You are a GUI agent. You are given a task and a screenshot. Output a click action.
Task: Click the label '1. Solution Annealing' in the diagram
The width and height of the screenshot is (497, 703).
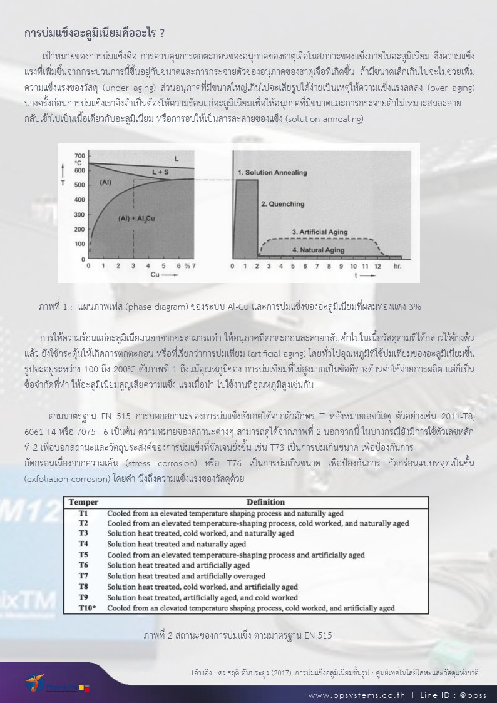[271, 172]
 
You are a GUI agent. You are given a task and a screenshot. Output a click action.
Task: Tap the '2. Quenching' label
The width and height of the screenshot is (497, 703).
[282, 204]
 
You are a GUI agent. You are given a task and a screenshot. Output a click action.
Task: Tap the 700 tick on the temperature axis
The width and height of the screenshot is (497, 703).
[79, 155]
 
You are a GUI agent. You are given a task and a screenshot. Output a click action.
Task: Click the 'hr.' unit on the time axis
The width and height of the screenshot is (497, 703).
[396, 265]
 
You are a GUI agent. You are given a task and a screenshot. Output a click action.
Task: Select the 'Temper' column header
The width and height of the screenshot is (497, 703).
[83, 502]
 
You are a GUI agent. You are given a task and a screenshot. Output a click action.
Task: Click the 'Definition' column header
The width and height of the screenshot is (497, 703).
[265, 502]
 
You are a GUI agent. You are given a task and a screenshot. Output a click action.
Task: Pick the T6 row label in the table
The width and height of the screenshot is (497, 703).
[83, 565]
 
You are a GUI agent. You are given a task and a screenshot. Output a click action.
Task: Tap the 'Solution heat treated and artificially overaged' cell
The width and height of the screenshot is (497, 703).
[186, 576]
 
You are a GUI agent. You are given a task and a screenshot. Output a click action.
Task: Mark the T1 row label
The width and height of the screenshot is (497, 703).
[83, 513]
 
